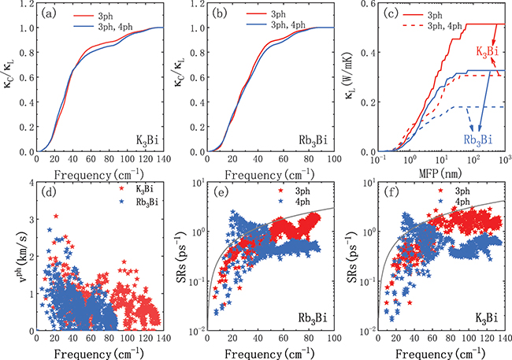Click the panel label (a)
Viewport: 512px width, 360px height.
46,13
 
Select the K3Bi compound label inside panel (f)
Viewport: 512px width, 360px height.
482,317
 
